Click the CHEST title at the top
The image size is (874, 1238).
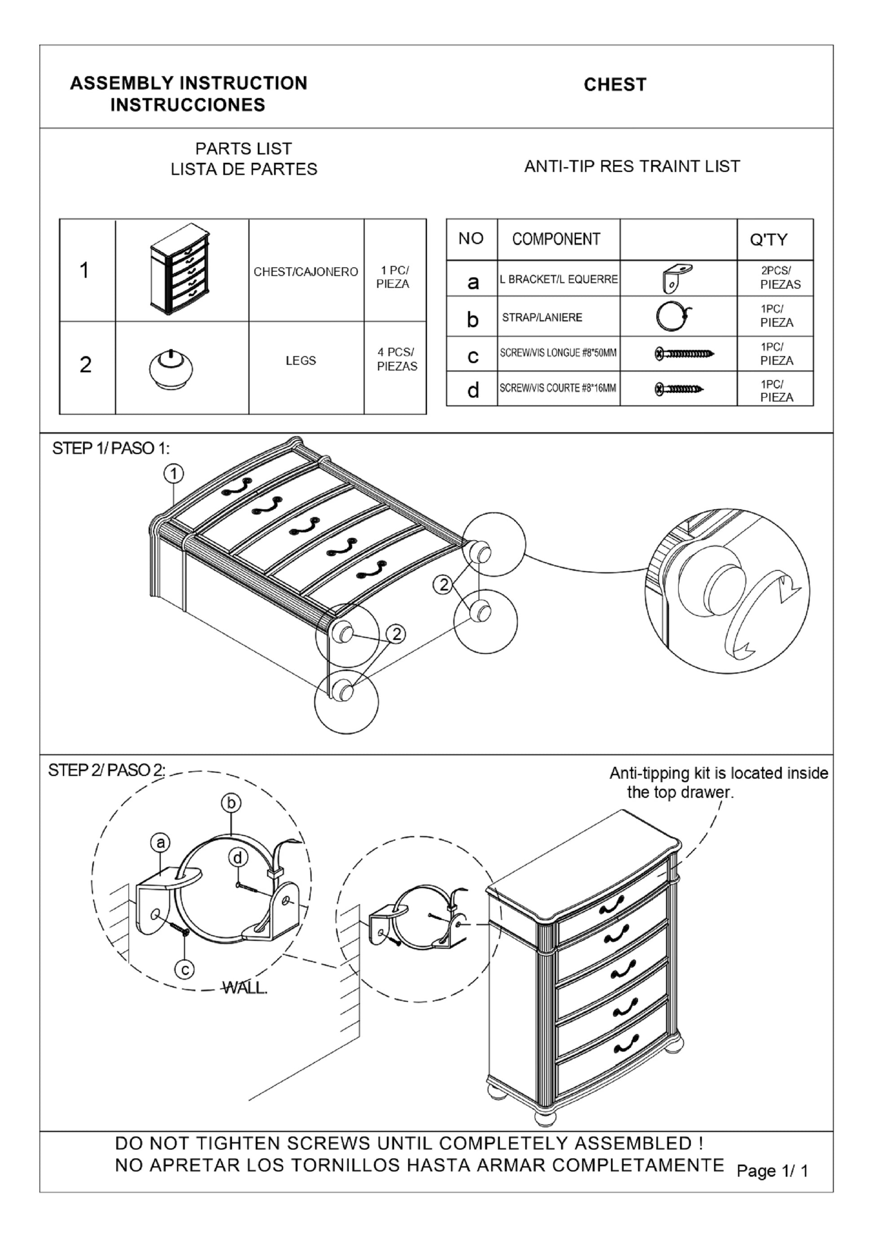tap(615, 85)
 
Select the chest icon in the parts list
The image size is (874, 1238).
tap(180, 269)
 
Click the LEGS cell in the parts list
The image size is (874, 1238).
tap(300, 361)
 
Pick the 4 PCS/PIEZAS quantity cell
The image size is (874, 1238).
tap(396, 359)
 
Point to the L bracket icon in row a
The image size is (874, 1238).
tap(677, 278)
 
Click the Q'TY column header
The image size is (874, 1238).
tap(768, 240)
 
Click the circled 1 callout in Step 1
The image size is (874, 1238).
tap(173, 474)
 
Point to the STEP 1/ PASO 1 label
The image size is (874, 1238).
tap(110, 449)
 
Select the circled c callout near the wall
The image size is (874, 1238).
tap(185, 971)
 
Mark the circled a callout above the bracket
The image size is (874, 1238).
tap(160, 843)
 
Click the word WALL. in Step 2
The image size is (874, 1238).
tap(245, 989)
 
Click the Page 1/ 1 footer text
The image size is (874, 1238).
tap(772, 1171)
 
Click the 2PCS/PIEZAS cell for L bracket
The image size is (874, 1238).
tap(779, 278)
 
